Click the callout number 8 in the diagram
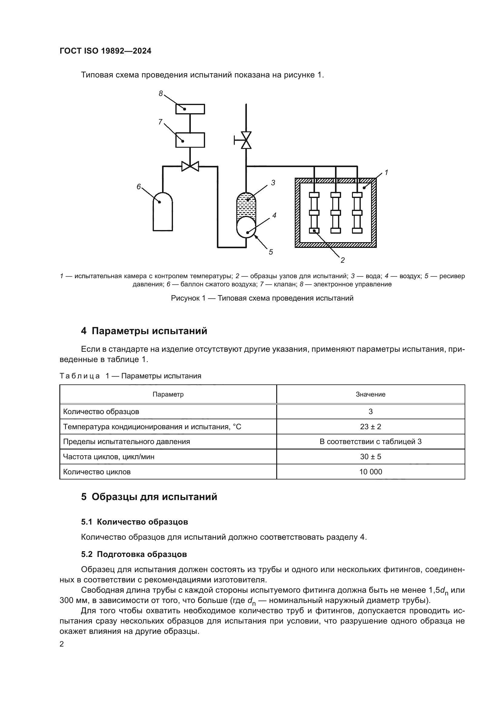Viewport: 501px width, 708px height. (161, 94)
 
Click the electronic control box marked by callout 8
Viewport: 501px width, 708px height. (190, 109)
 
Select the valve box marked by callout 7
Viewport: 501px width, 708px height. (190, 140)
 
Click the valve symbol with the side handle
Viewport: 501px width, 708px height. (246, 140)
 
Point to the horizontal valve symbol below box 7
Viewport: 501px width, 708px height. (190, 166)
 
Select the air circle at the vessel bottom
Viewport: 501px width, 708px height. (246, 227)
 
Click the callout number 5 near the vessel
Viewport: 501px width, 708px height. (270, 252)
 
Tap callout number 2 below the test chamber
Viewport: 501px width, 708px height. (343, 260)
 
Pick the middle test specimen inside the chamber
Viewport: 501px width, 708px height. (335, 212)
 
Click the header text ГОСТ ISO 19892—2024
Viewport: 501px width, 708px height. (105, 51)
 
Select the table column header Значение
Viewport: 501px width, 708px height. (370, 394)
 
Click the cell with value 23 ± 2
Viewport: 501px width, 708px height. (370, 427)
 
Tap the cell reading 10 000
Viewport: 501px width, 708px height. (370, 472)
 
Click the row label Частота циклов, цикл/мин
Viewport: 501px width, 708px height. (109, 457)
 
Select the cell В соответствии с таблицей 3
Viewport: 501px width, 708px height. (370, 442)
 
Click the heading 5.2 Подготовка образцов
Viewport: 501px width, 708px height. (134, 554)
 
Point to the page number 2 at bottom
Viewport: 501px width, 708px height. (62, 644)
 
